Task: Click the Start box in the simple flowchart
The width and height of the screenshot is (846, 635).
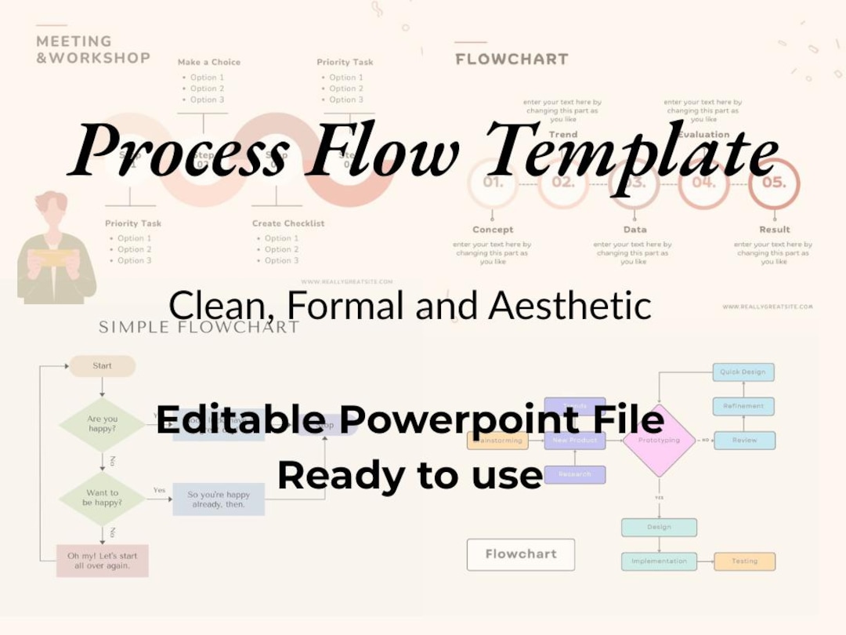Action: [x=103, y=365]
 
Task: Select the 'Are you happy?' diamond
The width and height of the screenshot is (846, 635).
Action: [x=103, y=424]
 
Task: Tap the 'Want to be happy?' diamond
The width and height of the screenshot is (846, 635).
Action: [x=103, y=498]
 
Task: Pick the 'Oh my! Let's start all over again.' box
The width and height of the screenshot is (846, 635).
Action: [x=103, y=561]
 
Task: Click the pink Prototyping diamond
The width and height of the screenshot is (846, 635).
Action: [x=659, y=441]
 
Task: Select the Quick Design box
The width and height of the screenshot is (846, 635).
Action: [x=743, y=372]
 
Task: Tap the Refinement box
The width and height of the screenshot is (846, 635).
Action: [x=743, y=406]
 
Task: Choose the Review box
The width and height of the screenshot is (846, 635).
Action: [x=744, y=441]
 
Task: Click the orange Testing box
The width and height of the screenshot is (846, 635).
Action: [x=744, y=561]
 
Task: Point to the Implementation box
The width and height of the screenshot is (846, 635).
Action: [x=659, y=561]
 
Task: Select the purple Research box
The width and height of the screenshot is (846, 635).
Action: [x=575, y=474]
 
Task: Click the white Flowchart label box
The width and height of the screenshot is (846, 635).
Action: [x=521, y=554]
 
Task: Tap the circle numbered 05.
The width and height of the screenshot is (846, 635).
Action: [x=773, y=183]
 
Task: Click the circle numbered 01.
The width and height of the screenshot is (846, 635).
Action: [x=493, y=183]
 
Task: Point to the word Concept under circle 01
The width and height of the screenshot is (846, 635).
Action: [x=493, y=230]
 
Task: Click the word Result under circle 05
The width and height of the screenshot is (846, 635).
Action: [x=774, y=230]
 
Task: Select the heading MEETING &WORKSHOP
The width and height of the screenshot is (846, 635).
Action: [x=92, y=49]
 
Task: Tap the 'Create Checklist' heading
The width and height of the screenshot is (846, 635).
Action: [x=287, y=223]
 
